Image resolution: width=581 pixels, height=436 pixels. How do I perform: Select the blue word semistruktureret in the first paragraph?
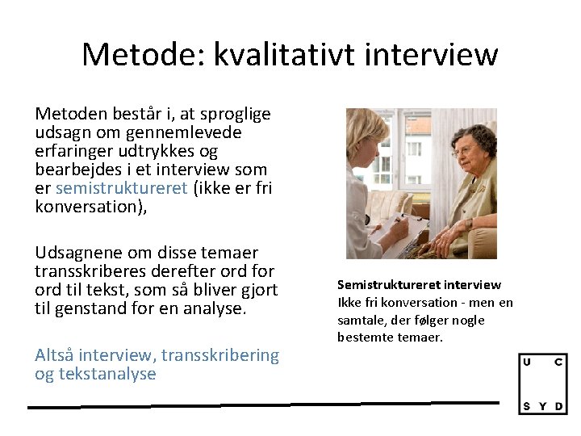tap(120, 188)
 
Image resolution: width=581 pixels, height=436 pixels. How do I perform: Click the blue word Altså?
tap(55, 355)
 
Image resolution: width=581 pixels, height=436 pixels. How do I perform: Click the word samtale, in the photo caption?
tap(362, 320)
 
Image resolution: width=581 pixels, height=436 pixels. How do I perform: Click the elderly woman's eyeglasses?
tap(462, 150)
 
